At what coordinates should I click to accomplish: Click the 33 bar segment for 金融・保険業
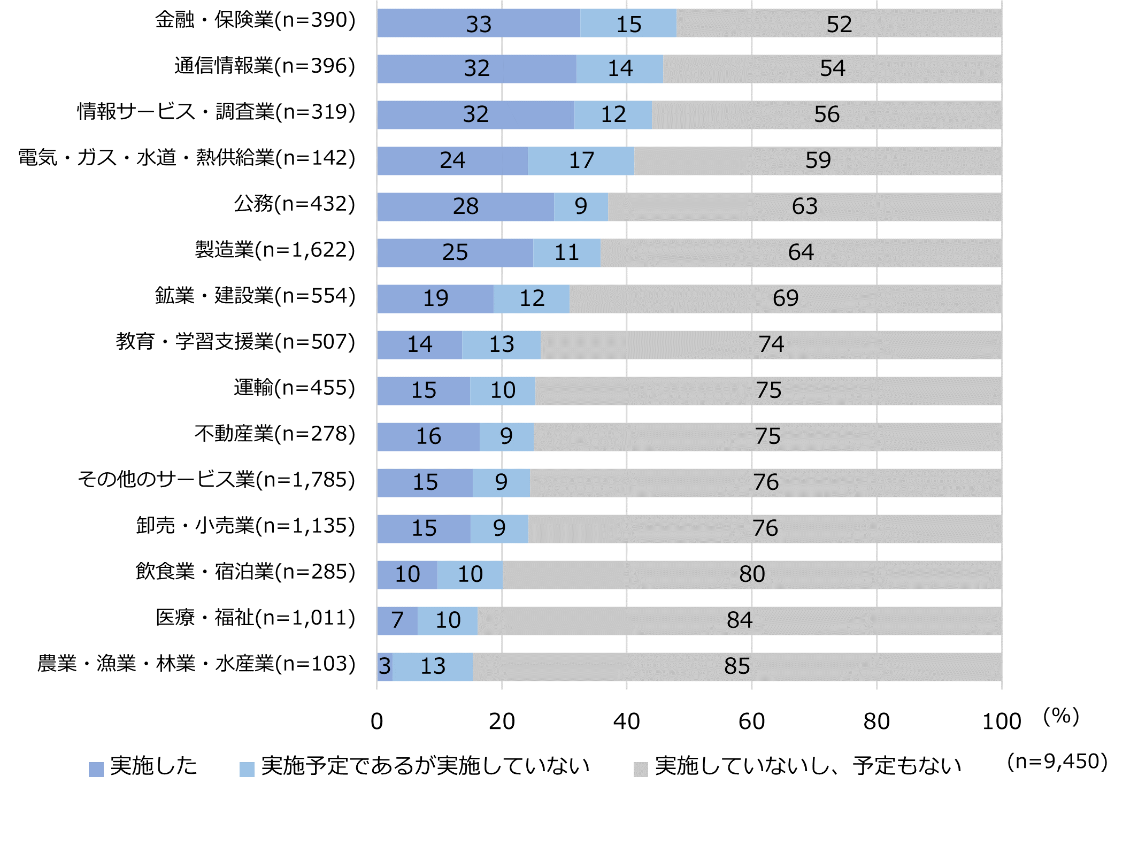pos(478,24)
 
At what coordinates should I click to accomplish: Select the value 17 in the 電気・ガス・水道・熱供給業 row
pos(581,160)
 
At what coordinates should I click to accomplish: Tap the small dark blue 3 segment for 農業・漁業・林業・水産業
pos(385,666)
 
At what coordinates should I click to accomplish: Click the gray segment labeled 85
pos(737,666)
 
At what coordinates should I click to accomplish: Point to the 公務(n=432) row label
pos(294,204)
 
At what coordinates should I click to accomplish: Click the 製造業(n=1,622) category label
pos(275,250)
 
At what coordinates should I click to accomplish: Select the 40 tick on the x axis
pos(626,721)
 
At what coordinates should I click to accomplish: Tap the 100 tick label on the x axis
pos(1001,721)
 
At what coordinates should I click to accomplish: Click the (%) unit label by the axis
pos(1061,716)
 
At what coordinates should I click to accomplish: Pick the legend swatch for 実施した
pos(96,769)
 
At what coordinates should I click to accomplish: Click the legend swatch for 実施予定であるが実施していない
pos(247,769)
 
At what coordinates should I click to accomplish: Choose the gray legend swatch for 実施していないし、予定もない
pos(640,769)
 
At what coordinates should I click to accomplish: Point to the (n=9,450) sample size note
pos(1057,761)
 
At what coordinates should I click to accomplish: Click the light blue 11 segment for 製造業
pos(566,252)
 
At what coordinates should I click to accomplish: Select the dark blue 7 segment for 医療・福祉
pos(397,620)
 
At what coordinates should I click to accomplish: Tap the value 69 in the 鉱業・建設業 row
pos(785,298)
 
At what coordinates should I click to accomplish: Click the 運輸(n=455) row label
pos(294,388)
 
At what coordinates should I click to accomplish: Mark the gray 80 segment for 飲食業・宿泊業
pos(751,574)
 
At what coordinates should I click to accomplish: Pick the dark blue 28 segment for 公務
pos(465,206)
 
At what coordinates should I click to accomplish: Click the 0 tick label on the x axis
pos(376,721)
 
